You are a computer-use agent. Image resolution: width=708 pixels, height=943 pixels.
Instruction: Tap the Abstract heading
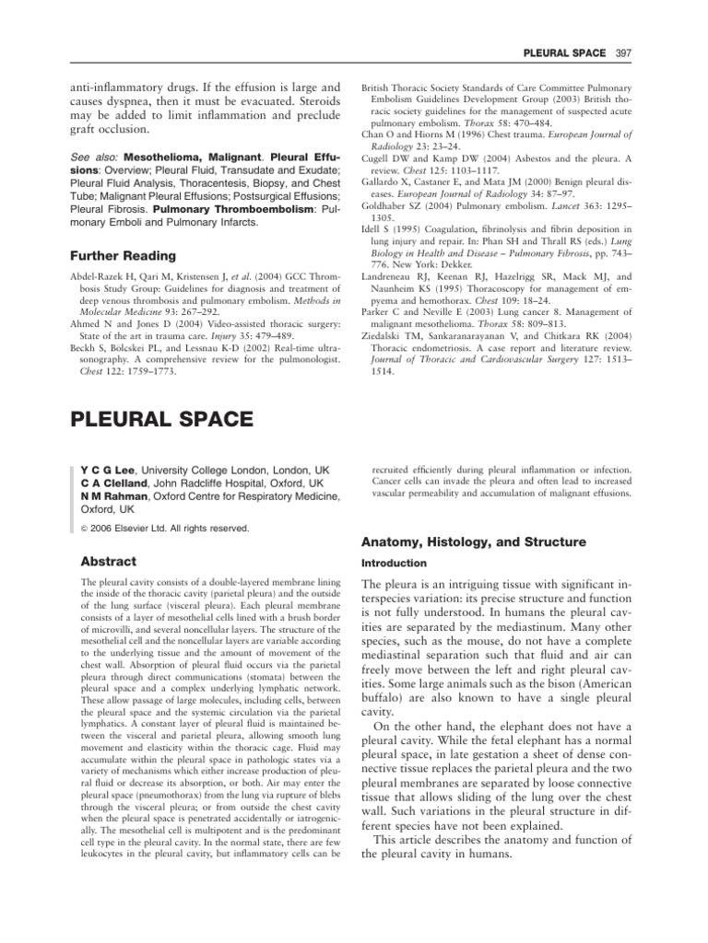(109, 561)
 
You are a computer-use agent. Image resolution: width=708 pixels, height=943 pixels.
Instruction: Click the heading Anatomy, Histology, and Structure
(471, 542)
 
